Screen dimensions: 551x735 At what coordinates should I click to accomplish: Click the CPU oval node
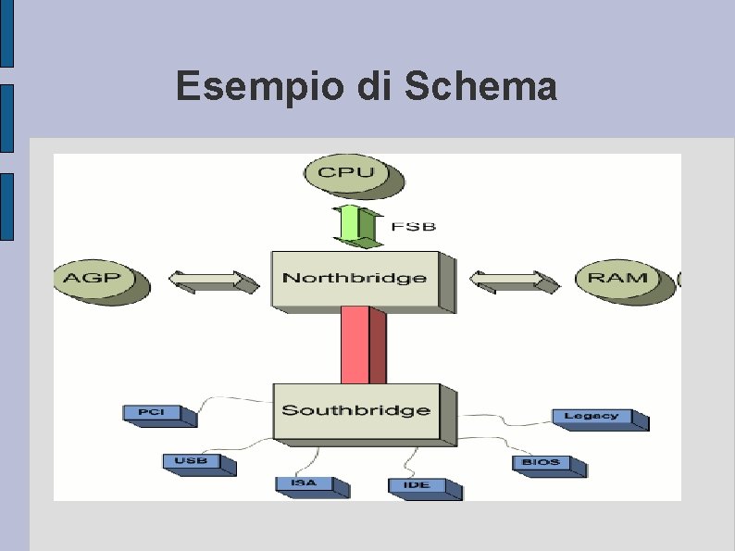(347, 173)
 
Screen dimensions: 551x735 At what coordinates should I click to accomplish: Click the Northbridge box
(355, 278)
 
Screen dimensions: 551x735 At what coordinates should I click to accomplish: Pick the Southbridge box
(356, 410)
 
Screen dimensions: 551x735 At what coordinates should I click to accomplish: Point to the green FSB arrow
(357, 226)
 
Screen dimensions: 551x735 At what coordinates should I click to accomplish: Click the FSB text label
(413, 226)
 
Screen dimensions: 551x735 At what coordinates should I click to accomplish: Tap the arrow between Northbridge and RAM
(515, 280)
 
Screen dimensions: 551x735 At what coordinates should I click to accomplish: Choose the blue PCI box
(152, 413)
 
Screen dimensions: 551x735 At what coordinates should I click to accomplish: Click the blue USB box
(192, 461)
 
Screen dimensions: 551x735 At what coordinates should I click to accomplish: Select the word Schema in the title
(480, 88)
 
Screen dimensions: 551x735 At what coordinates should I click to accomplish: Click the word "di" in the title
(375, 88)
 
